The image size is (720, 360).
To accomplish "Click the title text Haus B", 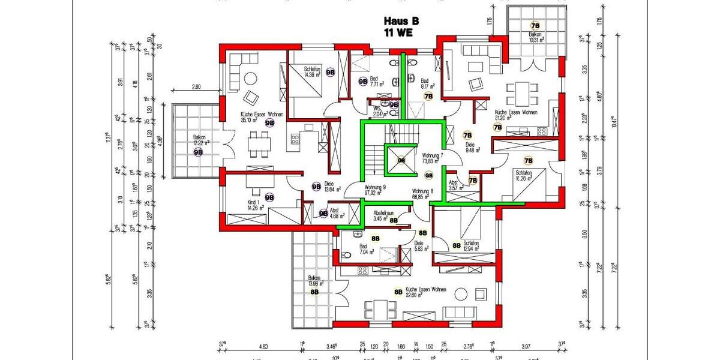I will tap(401, 20).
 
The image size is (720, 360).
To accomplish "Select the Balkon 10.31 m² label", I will tap(535, 38).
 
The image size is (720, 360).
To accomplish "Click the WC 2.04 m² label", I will tap(378, 111).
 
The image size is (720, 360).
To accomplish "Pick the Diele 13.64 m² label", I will tap(332, 187).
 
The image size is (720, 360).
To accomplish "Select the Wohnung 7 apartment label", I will tap(433, 158).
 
